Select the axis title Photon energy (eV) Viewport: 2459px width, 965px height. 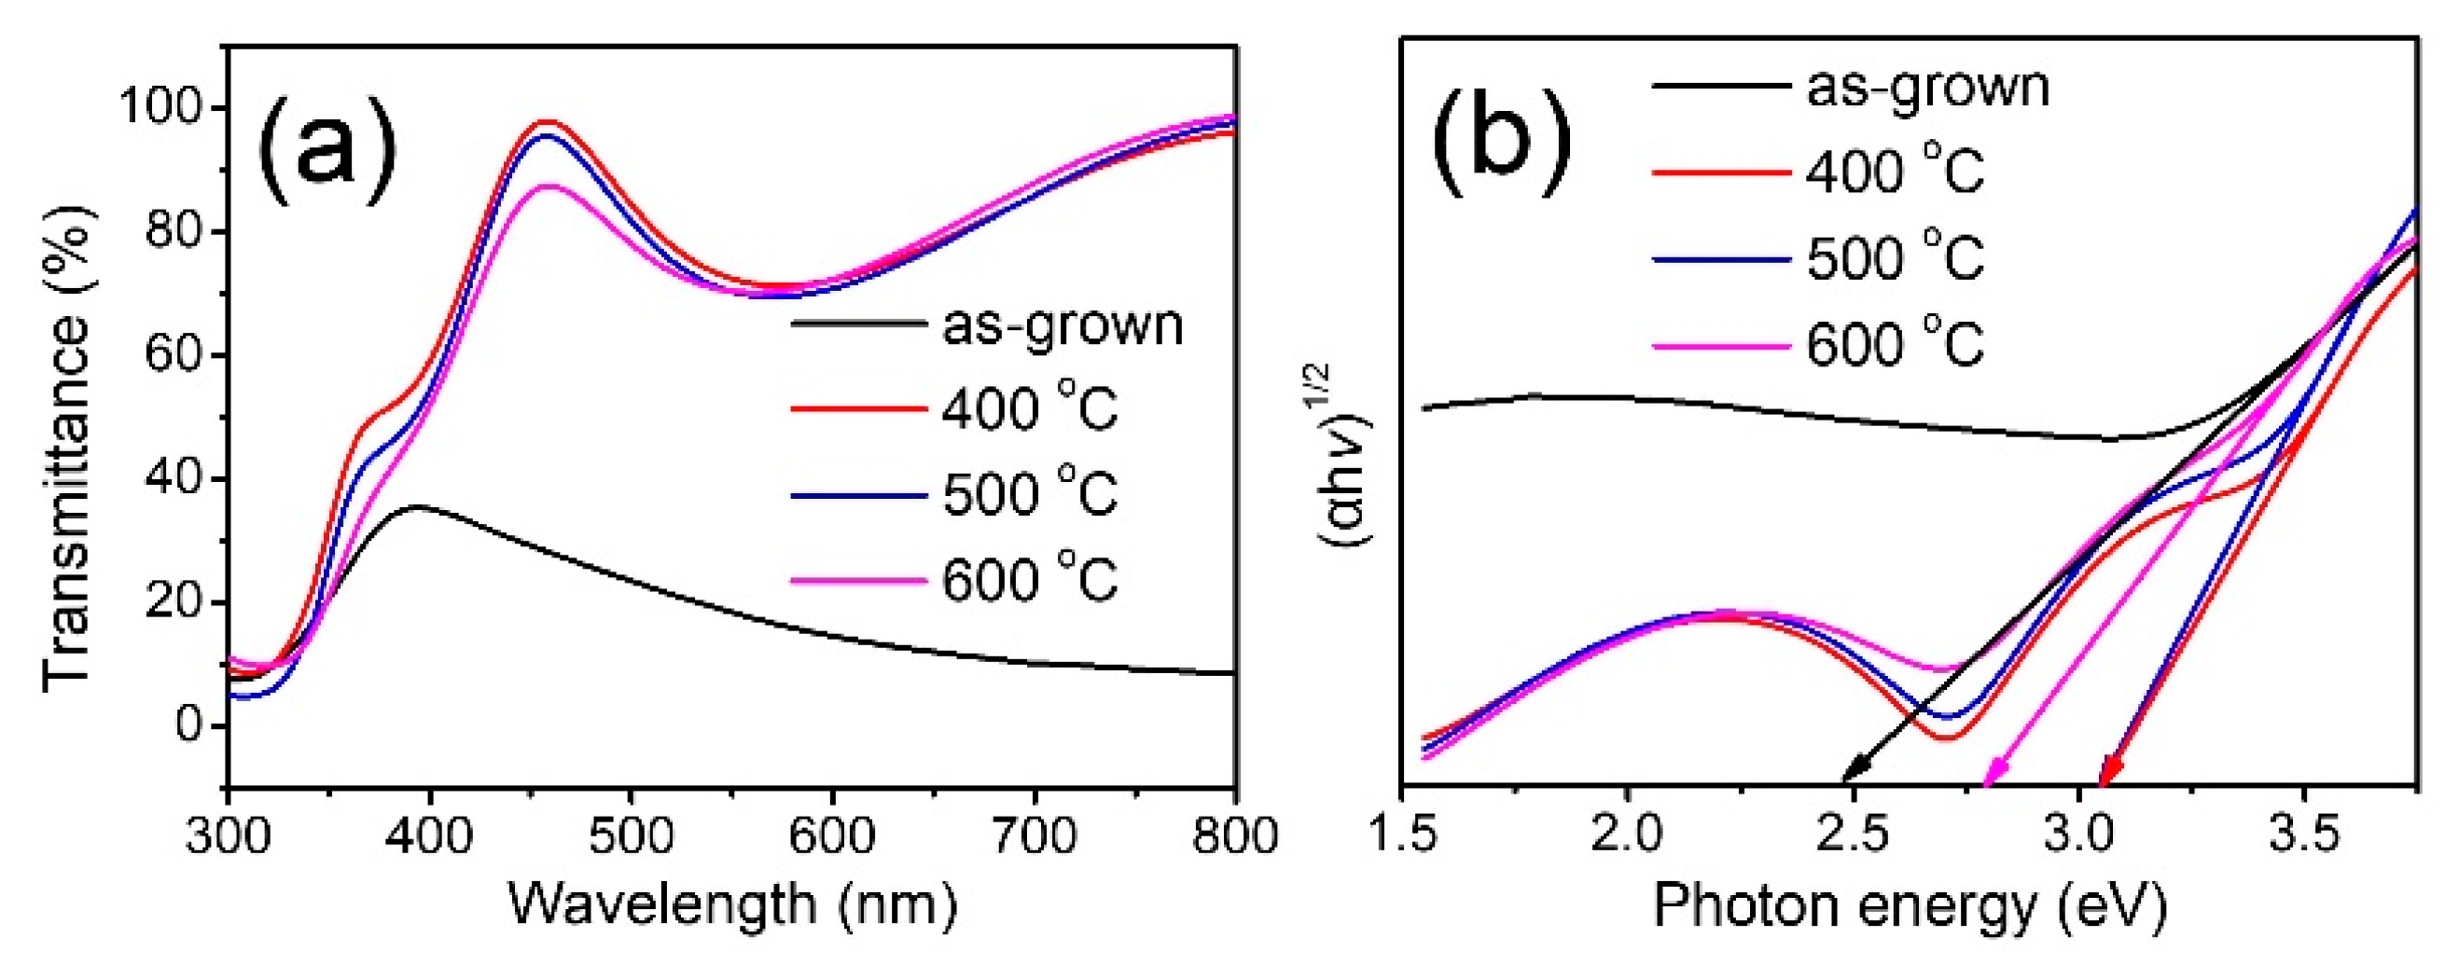(x=1910, y=905)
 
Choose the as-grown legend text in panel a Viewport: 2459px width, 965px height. (x=1063, y=325)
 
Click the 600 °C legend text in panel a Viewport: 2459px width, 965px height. (x=1029, y=578)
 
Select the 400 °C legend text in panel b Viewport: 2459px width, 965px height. (x=1895, y=172)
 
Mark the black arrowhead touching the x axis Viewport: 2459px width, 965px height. (x=1849, y=777)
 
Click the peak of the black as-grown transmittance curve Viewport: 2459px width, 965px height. (x=417, y=506)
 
